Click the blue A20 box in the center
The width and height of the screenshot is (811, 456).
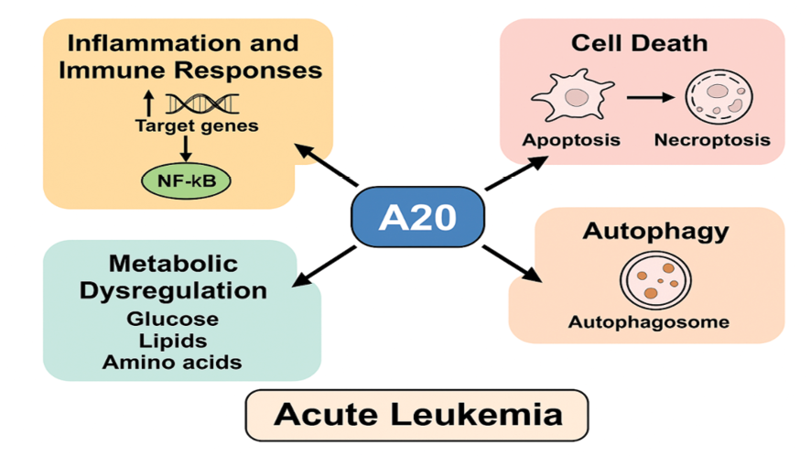pyautogui.click(x=417, y=217)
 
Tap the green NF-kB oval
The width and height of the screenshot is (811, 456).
pyautogui.click(x=186, y=180)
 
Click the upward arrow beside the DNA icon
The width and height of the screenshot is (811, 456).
pyautogui.click(x=149, y=102)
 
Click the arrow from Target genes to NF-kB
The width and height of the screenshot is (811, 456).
pyautogui.click(x=186, y=147)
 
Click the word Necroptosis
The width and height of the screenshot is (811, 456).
pyautogui.click(x=712, y=140)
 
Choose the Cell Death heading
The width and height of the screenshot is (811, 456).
pyautogui.click(x=639, y=42)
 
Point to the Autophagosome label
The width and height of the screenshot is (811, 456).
pyautogui.click(x=648, y=321)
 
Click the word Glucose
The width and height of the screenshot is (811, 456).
pyautogui.click(x=173, y=319)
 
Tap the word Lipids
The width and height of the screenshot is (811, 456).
pyautogui.click(x=173, y=340)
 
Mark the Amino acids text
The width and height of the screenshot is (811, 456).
pyautogui.click(x=173, y=362)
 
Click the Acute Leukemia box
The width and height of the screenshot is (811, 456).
pyautogui.click(x=417, y=414)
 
